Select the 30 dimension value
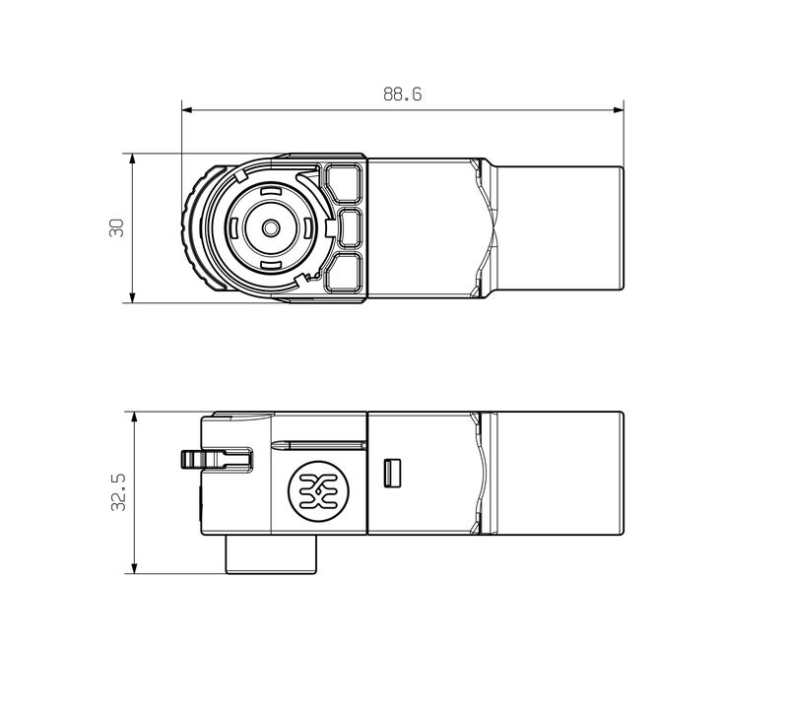[x=116, y=227]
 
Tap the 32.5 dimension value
[x=117, y=491]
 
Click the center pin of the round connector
[x=269, y=227]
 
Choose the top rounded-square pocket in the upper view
[x=345, y=183]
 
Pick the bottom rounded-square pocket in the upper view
[x=345, y=272]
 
